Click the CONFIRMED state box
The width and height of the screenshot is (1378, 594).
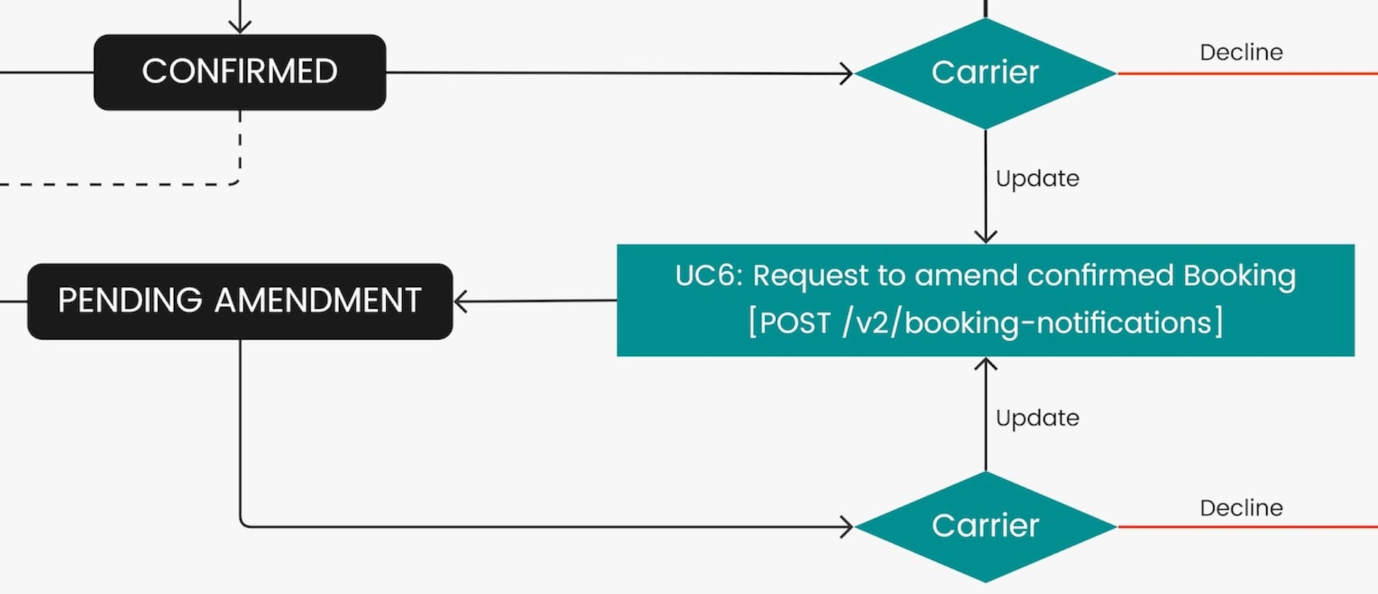(240, 72)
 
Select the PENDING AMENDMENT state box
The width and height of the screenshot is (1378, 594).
(240, 301)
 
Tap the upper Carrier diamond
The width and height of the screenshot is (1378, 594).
(985, 73)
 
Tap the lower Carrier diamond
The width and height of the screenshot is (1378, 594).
(985, 526)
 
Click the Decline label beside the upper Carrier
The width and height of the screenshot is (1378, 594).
(1241, 52)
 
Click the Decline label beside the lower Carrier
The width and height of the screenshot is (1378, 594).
(1241, 508)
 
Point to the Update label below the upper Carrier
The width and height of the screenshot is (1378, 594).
(1037, 178)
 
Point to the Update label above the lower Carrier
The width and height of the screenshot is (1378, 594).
(1037, 418)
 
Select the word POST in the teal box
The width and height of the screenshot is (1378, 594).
(795, 323)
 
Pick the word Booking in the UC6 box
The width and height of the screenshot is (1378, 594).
(1239, 276)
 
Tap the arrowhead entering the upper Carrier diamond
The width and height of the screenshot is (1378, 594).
(847, 73)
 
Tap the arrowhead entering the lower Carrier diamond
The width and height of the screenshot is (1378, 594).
(847, 527)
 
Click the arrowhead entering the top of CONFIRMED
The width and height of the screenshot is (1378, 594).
(240, 27)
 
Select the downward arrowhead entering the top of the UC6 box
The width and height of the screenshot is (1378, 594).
(985, 237)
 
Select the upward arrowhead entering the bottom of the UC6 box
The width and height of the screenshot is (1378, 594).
(985, 364)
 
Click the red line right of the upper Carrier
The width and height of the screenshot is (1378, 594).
(1249, 73)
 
